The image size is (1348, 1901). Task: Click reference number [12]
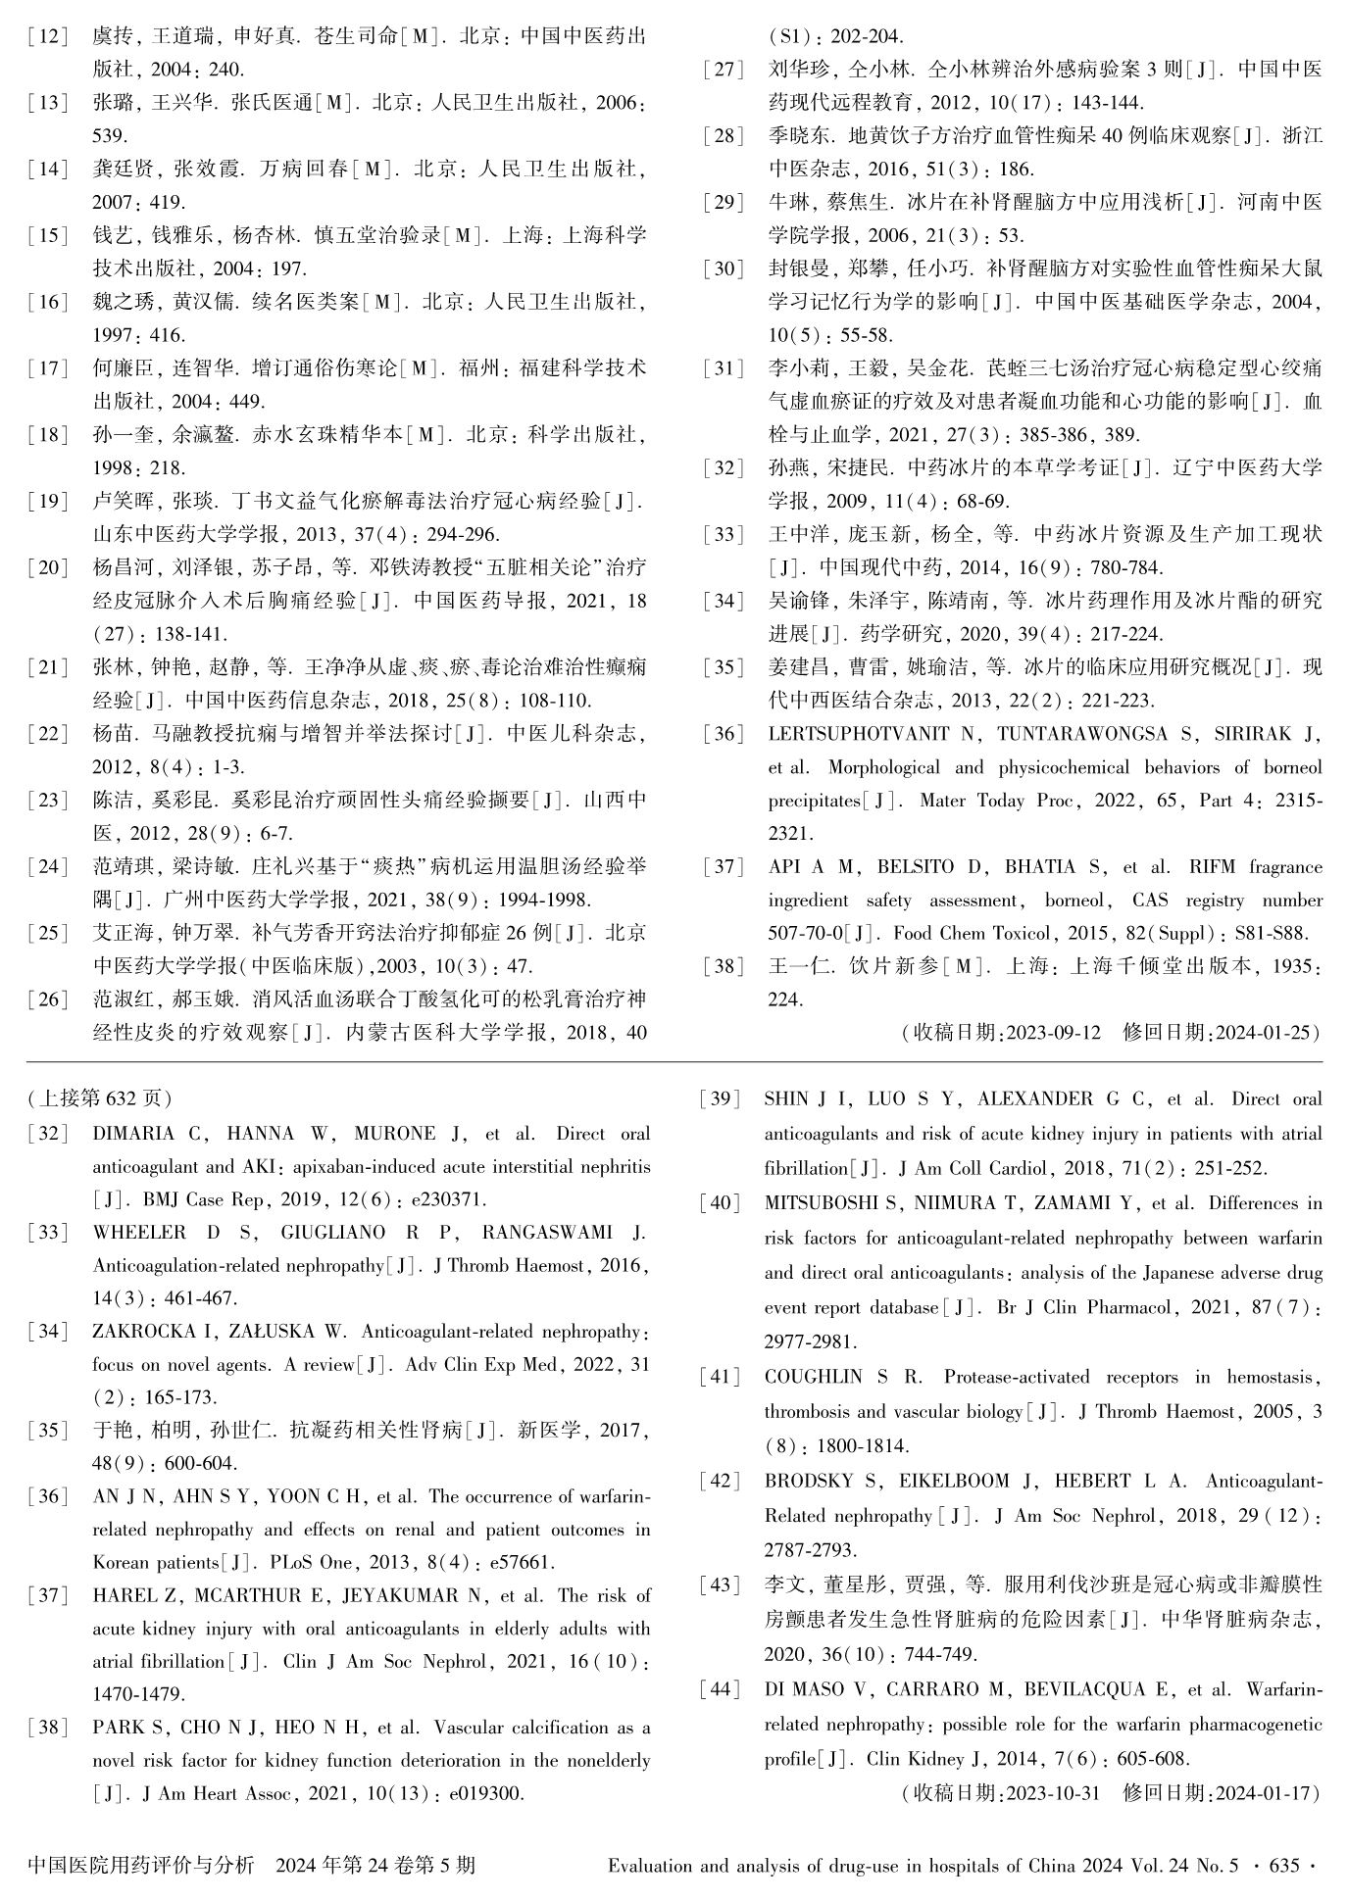(48, 36)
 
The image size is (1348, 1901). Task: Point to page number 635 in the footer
(1282, 1866)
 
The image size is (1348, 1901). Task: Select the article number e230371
(444, 1198)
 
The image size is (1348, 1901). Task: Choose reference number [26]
(48, 999)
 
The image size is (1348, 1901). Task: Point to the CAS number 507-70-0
(808, 934)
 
